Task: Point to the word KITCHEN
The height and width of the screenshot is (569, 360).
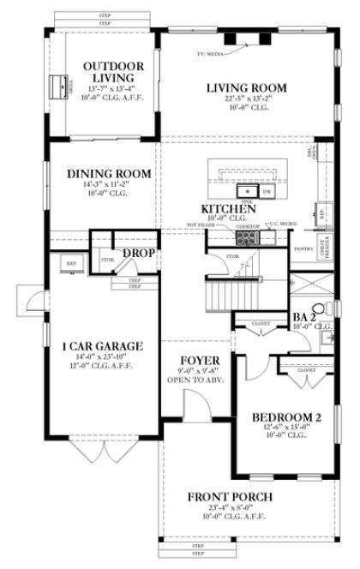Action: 228,209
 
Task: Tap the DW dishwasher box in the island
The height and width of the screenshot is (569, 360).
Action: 267,192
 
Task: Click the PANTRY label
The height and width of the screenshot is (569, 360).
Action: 302,249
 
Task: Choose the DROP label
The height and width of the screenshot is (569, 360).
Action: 137,254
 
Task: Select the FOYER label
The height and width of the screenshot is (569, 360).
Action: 196,359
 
